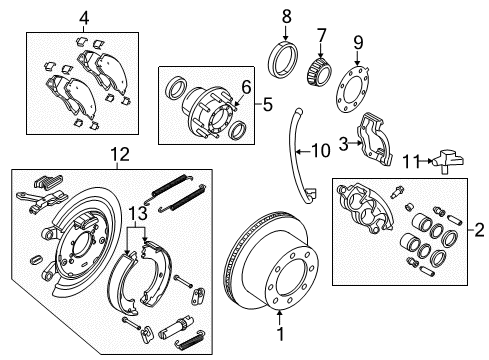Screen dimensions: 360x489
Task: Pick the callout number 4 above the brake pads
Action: click(84, 16)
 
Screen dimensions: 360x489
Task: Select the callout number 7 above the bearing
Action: click(321, 35)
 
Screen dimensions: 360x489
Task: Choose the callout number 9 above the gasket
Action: click(359, 42)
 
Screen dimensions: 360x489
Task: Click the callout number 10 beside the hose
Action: click(320, 151)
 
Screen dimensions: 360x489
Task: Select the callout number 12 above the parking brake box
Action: click(120, 154)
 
